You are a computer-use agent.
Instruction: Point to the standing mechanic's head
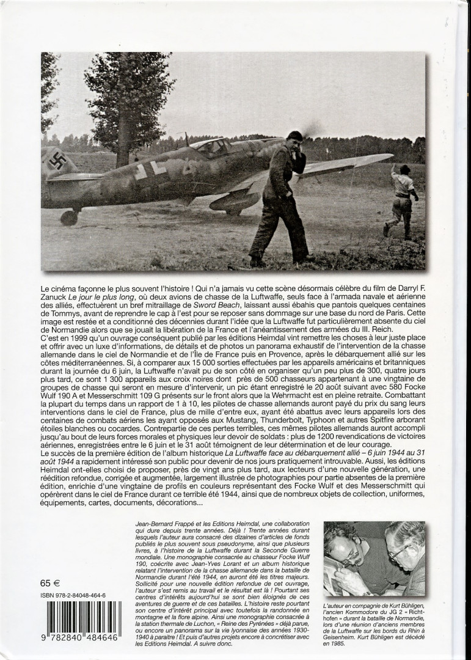[x=295, y=142]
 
